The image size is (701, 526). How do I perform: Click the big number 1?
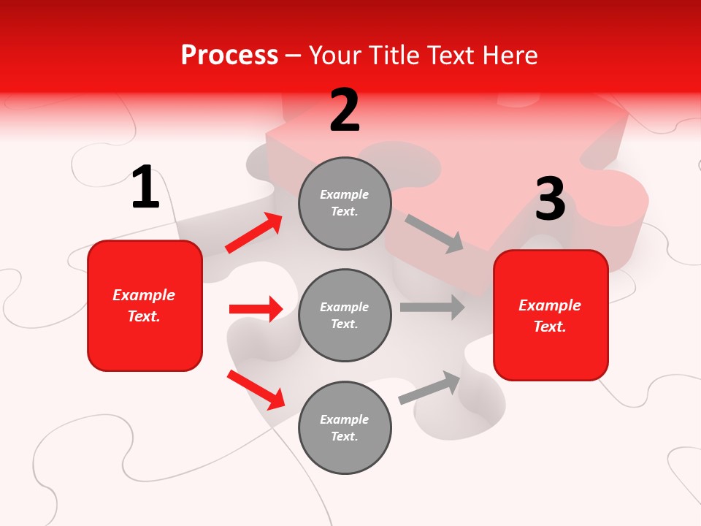point(145,188)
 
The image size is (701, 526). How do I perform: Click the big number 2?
point(345,111)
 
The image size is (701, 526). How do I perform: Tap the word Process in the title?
point(229,55)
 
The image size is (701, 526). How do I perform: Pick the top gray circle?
point(345,203)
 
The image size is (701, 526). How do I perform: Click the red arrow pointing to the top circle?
point(254,233)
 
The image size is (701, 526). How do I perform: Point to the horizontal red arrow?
point(256,309)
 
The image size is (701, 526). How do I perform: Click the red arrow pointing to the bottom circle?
point(256,389)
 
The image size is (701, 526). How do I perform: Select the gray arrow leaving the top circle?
point(434,234)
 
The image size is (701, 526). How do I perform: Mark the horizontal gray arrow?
point(432,307)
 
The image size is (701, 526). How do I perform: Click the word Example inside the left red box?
point(144,295)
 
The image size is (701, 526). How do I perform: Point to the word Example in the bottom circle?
point(344,419)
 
